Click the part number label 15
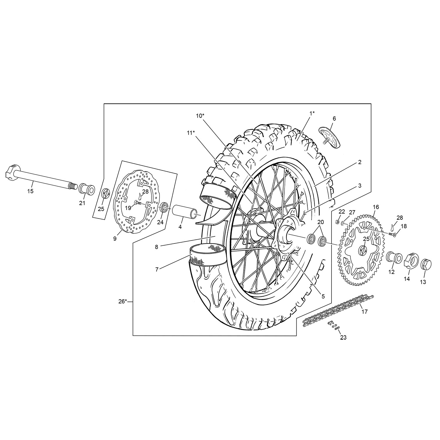click(x=30, y=191)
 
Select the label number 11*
click(x=191, y=133)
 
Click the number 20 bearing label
click(x=321, y=222)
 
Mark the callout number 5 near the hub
click(x=323, y=296)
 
